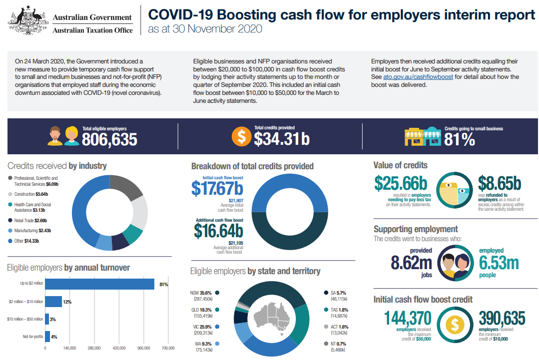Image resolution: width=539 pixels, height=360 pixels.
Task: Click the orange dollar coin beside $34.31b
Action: point(241,136)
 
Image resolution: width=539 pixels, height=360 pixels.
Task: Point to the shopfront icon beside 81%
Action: point(422,136)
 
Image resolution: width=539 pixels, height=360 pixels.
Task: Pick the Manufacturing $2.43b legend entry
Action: point(33,230)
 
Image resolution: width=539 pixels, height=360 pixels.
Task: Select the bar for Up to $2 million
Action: point(100,284)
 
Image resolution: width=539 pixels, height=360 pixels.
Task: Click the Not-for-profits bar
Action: point(47,337)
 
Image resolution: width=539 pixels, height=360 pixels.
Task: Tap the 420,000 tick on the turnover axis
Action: point(119,348)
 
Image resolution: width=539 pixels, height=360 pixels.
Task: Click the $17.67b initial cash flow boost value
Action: point(217,188)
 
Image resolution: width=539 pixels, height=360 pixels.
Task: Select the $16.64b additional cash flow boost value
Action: point(218,231)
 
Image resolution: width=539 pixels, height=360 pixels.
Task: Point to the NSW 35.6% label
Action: point(201,293)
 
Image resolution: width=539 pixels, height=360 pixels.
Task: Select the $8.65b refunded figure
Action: point(499,183)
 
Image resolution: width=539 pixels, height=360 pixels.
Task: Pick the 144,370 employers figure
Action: point(408,318)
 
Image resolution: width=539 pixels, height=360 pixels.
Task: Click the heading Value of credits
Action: point(401,165)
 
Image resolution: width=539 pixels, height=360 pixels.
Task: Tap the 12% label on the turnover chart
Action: point(67,302)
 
